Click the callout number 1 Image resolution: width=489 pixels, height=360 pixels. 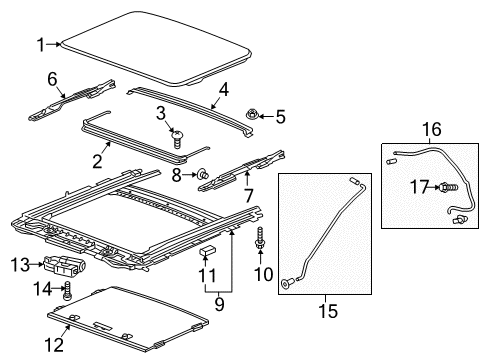[x=41, y=44]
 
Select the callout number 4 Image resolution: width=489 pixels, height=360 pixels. [x=223, y=88]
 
